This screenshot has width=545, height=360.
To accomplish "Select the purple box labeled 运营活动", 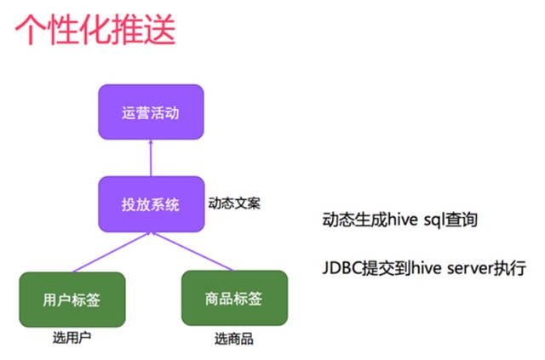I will (151, 111).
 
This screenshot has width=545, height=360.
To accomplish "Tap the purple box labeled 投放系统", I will (151, 204).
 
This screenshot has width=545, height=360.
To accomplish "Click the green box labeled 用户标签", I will (72, 299).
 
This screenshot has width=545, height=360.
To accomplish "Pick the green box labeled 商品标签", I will (233, 299).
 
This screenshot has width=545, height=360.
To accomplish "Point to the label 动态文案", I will (234, 204).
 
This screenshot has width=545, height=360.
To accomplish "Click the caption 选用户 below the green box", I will (72, 338).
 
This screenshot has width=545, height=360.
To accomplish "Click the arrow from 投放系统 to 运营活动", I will (151, 158).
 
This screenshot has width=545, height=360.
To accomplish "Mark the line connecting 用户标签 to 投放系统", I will (111, 253).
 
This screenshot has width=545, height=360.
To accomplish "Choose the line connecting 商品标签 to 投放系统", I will (192, 253).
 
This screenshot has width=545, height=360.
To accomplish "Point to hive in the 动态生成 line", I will (402, 220).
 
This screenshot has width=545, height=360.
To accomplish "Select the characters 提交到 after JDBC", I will (384, 269).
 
